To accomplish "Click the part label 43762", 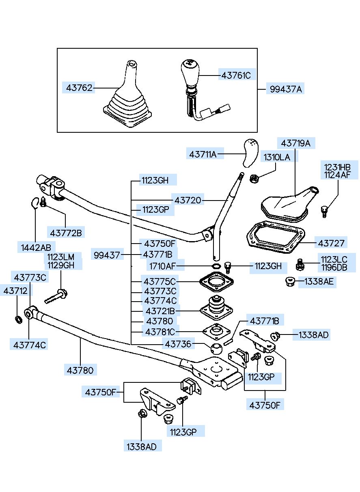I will [x=79, y=87].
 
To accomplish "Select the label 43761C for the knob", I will [x=236, y=75].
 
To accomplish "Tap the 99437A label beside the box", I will [x=286, y=88].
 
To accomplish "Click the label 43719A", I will [x=295, y=143].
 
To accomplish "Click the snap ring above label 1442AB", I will [x=35, y=201].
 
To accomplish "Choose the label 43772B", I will [x=66, y=233].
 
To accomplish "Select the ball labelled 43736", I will [x=217, y=348].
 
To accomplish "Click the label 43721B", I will [x=160, y=311].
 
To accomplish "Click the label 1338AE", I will [x=316, y=282].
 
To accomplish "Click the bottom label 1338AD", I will [x=141, y=446].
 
